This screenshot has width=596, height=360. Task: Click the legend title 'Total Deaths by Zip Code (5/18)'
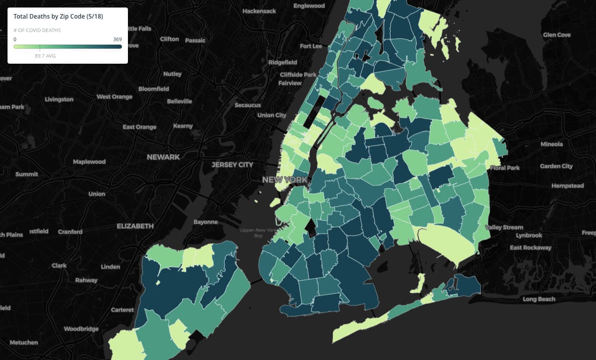click(58, 17)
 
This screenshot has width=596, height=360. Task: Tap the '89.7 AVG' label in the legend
click(45, 56)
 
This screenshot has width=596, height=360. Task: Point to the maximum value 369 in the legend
click(117, 39)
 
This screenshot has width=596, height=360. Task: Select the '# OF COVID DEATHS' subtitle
click(37, 31)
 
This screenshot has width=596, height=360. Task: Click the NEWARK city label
click(163, 157)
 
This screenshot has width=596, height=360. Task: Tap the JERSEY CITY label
click(232, 164)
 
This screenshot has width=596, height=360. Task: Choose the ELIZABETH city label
click(135, 226)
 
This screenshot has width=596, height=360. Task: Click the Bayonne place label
click(206, 222)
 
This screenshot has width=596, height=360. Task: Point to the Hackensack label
click(259, 11)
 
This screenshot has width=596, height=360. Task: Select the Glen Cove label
click(557, 35)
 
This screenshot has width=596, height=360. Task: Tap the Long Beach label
click(539, 299)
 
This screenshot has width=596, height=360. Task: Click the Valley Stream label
click(505, 227)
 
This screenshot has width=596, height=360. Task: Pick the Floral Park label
click(505, 168)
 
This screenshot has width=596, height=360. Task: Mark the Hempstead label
click(567, 186)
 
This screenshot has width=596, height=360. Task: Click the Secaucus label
click(248, 105)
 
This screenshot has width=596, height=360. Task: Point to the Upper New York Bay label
click(259, 233)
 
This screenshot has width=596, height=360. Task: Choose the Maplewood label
click(89, 162)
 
